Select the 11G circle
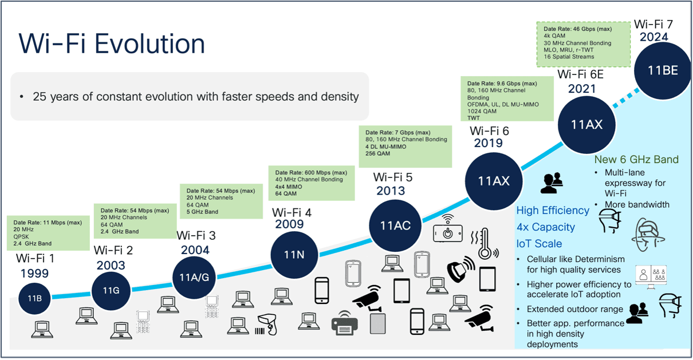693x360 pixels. [111, 290]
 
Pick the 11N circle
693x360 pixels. [294, 254]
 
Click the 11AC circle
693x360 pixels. [395, 225]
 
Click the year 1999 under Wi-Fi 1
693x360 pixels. [34, 273]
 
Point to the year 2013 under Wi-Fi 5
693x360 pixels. [391, 191]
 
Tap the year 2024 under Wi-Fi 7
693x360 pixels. [654, 37]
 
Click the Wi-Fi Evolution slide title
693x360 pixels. [112, 44]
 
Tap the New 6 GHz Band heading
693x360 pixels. [636, 160]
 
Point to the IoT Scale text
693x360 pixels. [540, 243]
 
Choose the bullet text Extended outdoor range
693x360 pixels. [574, 310]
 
